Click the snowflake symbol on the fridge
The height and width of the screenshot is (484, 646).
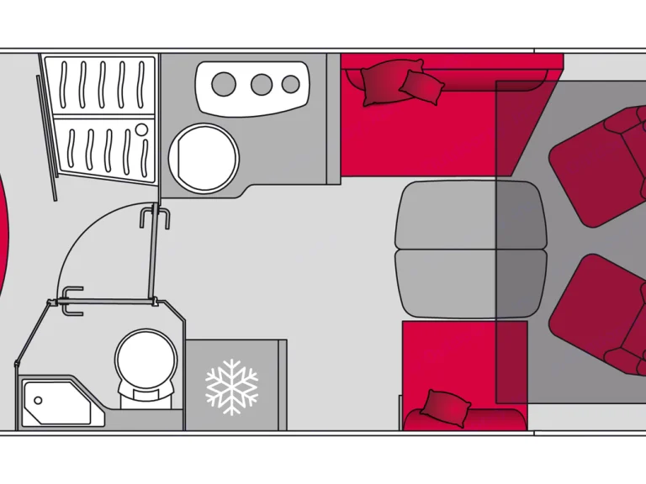[231, 386]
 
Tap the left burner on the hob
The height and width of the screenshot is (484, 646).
[224, 84]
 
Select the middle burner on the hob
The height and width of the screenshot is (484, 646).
[262, 84]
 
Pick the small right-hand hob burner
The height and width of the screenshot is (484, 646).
[291, 84]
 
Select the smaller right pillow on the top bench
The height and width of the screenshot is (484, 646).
[421, 86]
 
